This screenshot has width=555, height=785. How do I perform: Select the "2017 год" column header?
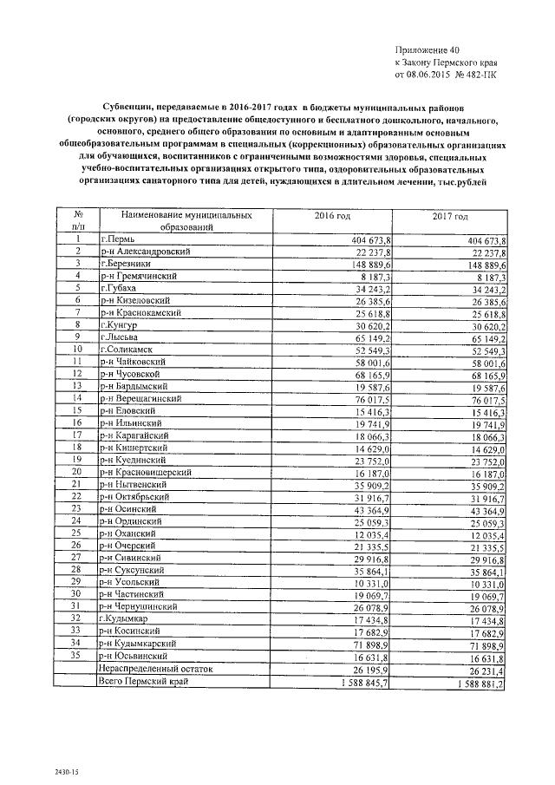pos(448,215)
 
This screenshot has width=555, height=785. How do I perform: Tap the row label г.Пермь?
pos(119,239)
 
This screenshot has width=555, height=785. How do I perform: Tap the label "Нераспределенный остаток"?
pos(155,669)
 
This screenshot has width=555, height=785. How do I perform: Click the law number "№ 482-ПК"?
pos(477,75)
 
